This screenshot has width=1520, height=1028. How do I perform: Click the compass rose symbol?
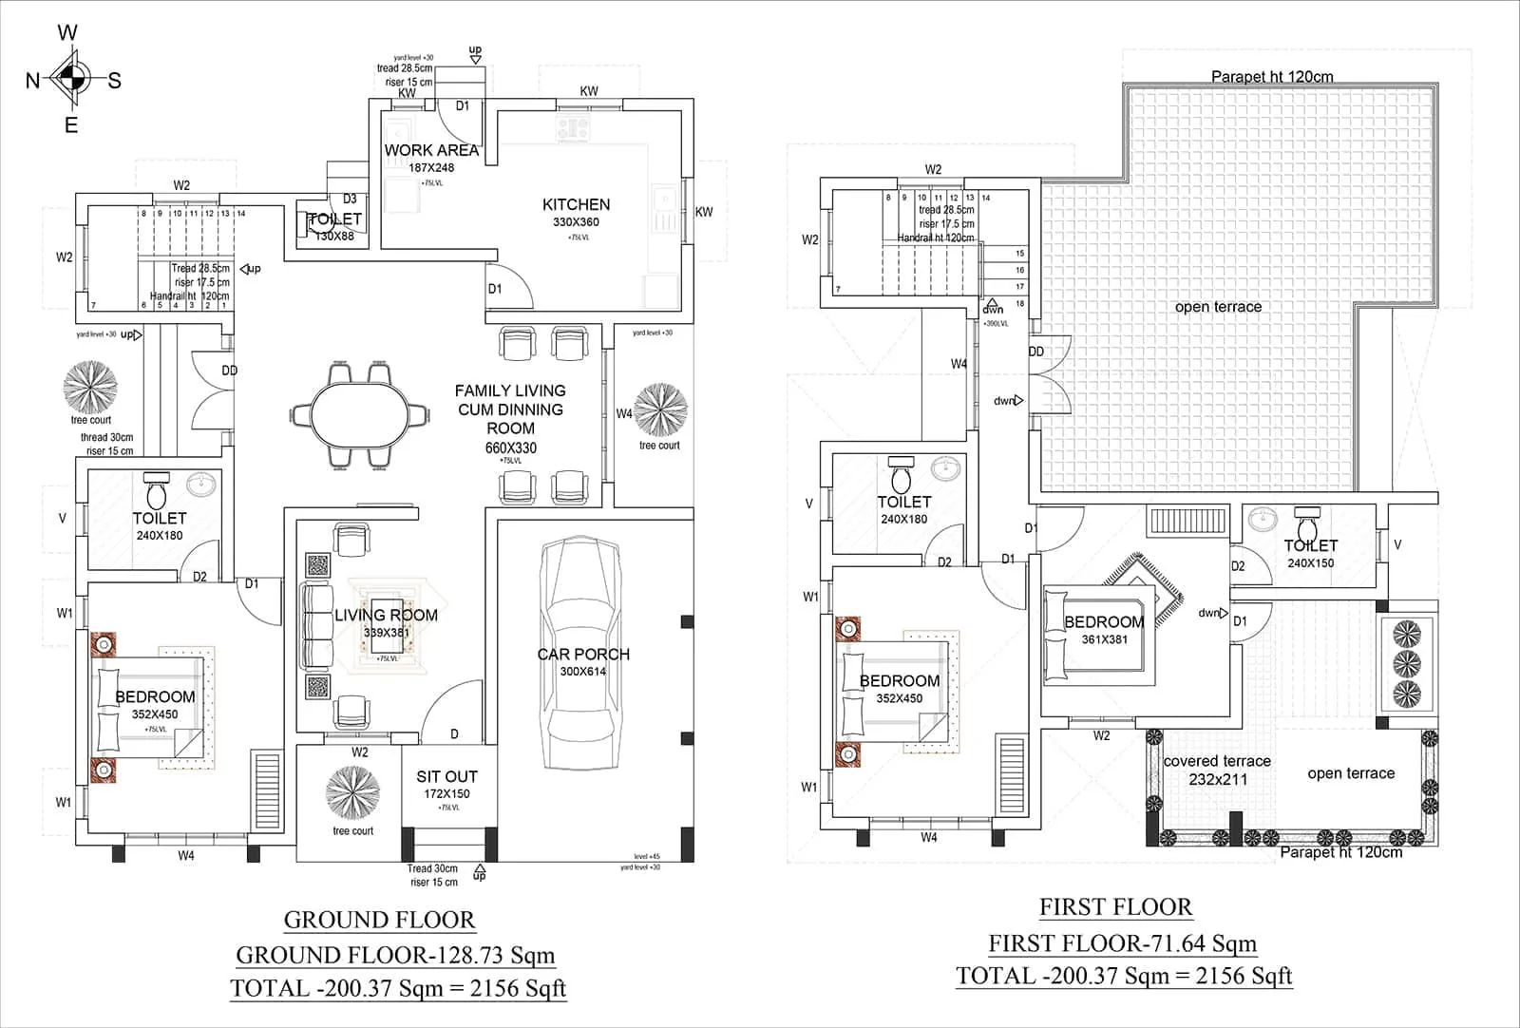tap(71, 80)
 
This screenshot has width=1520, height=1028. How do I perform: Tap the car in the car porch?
tap(582, 656)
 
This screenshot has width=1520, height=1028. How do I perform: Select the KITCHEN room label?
tap(576, 204)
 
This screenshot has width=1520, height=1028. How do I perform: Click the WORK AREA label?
tap(431, 150)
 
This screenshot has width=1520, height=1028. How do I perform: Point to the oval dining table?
tap(360, 415)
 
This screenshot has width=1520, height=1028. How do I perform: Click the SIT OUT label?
tap(446, 776)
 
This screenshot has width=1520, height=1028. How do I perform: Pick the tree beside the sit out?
tap(352, 790)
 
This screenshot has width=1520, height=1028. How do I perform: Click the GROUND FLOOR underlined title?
tap(379, 920)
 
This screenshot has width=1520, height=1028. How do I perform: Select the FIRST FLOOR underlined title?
tap(1115, 907)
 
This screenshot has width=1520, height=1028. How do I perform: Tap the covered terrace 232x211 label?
tap(1217, 770)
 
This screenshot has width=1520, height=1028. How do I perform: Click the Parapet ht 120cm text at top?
tap(1271, 77)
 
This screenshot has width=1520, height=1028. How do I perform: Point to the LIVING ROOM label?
tap(386, 616)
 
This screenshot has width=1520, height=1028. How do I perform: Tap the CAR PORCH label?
tap(582, 655)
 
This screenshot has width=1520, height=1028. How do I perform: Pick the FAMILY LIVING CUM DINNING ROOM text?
tap(510, 409)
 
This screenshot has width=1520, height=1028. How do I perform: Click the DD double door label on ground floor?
tap(229, 371)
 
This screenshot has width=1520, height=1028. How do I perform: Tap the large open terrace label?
tap(1218, 307)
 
